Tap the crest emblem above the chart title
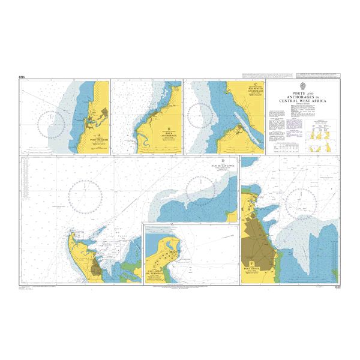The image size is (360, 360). point(305,87)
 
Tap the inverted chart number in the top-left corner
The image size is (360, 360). point(22,77)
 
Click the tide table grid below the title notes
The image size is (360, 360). point(282,146)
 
